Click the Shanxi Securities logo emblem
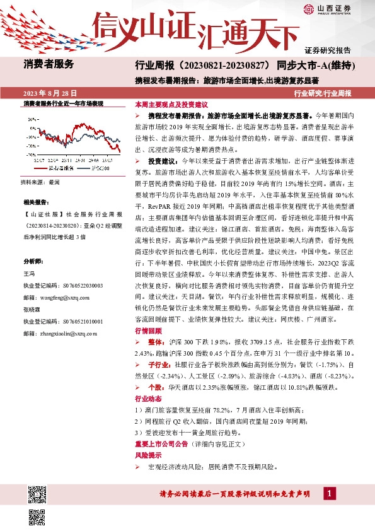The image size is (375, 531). [309, 8]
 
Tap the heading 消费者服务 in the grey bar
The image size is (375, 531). [49, 64]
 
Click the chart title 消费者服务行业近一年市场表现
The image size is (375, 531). [62, 103]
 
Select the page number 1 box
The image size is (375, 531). [329, 493]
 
